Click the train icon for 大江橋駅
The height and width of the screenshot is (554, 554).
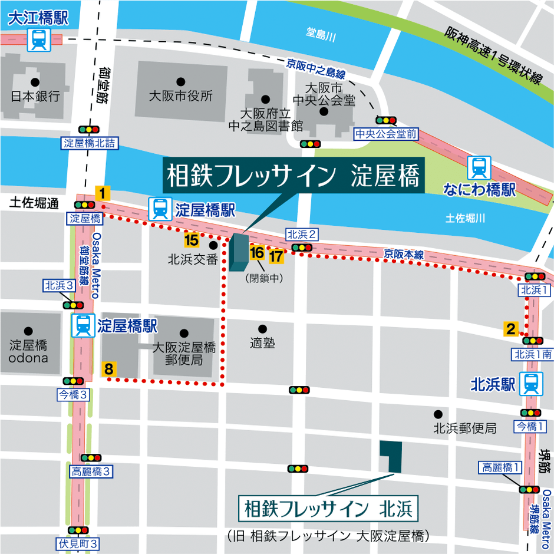[x=39, y=39]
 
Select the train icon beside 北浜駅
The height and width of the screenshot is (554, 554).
[x=532, y=385]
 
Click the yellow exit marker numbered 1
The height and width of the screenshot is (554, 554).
[x=102, y=193]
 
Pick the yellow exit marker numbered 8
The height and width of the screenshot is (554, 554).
[x=108, y=370]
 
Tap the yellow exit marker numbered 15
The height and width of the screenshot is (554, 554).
[x=191, y=240]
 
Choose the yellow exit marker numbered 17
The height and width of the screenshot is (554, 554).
[x=276, y=256]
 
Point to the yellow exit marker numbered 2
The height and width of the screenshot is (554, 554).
[x=510, y=329]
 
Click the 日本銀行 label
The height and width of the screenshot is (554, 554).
[x=35, y=96]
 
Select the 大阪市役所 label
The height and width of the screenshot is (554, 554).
[x=181, y=96]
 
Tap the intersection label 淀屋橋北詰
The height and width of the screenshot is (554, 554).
[x=90, y=143]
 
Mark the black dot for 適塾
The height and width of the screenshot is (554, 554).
[x=262, y=329]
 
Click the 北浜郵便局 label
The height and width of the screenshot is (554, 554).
[x=465, y=428]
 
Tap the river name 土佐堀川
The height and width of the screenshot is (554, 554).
[x=466, y=219]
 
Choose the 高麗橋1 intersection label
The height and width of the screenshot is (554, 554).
[x=501, y=467]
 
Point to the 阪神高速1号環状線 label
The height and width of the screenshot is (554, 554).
[x=493, y=56]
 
